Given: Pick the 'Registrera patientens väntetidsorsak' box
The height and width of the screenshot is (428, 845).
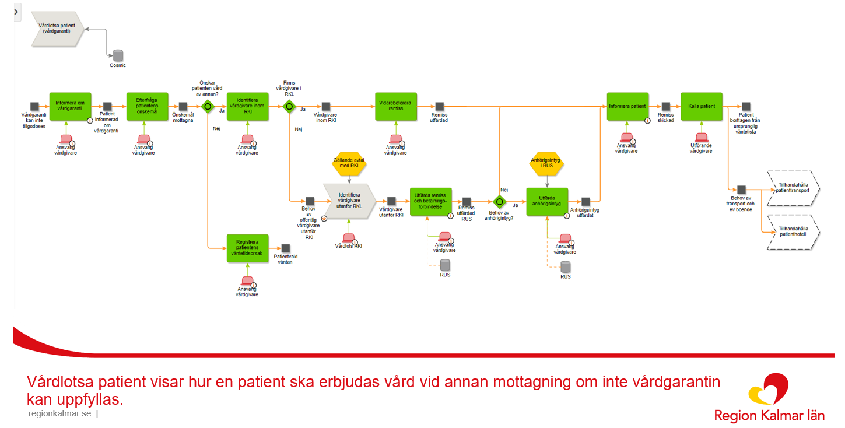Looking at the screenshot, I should [247, 248].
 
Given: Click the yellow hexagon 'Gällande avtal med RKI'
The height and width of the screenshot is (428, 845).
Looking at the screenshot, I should [349, 164].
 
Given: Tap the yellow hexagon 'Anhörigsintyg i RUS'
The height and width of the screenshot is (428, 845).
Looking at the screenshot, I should [547, 163].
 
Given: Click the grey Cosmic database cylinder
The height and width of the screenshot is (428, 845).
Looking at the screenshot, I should [118, 55].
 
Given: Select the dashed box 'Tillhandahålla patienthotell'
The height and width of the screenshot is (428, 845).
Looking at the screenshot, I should [794, 232].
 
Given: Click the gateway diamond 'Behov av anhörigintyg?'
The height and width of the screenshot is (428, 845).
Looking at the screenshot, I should [499, 202].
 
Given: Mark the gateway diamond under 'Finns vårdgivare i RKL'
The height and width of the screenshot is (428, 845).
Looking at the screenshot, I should [288, 107].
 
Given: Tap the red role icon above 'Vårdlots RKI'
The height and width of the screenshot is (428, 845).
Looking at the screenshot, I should [349, 238].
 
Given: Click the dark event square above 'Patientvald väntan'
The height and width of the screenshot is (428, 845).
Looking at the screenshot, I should [285, 248].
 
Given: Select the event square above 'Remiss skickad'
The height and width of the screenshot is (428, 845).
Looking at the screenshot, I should [665, 107].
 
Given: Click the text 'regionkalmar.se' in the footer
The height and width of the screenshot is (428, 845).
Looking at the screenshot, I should [59, 414].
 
